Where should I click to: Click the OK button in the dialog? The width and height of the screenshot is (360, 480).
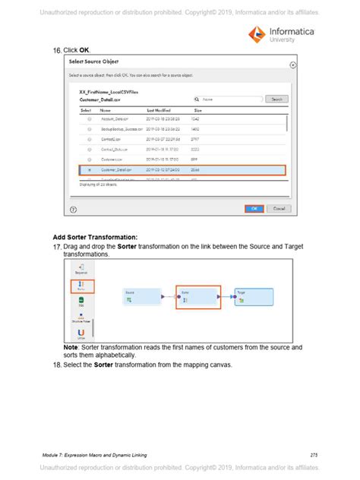pyautogui.click(x=254, y=208)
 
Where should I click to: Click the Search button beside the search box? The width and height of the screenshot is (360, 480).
pyautogui.click(x=276, y=99)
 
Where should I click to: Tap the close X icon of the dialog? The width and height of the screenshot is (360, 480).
pyautogui.click(x=293, y=65)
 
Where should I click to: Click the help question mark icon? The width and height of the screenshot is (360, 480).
pyautogui.click(x=73, y=209)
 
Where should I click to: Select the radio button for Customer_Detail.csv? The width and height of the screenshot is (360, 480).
pyautogui.click(x=90, y=170)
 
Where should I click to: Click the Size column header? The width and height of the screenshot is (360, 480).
pyautogui.click(x=197, y=110)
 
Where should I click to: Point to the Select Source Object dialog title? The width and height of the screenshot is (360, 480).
pyautogui.click(x=93, y=61)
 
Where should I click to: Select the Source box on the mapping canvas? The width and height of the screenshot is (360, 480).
pyautogui.click(x=142, y=297)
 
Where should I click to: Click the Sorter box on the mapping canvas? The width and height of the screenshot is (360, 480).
pyautogui.click(x=198, y=297)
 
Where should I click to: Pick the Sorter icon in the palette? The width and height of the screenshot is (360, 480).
pyautogui.click(x=81, y=286)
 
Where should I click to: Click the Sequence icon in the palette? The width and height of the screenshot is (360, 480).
pyautogui.click(x=81, y=267)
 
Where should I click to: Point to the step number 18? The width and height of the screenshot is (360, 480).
pyautogui.click(x=57, y=365)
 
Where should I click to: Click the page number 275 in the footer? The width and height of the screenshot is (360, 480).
pyautogui.click(x=314, y=454)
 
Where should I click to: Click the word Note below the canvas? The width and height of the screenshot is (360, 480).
pyautogui.click(x=71, y=347)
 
